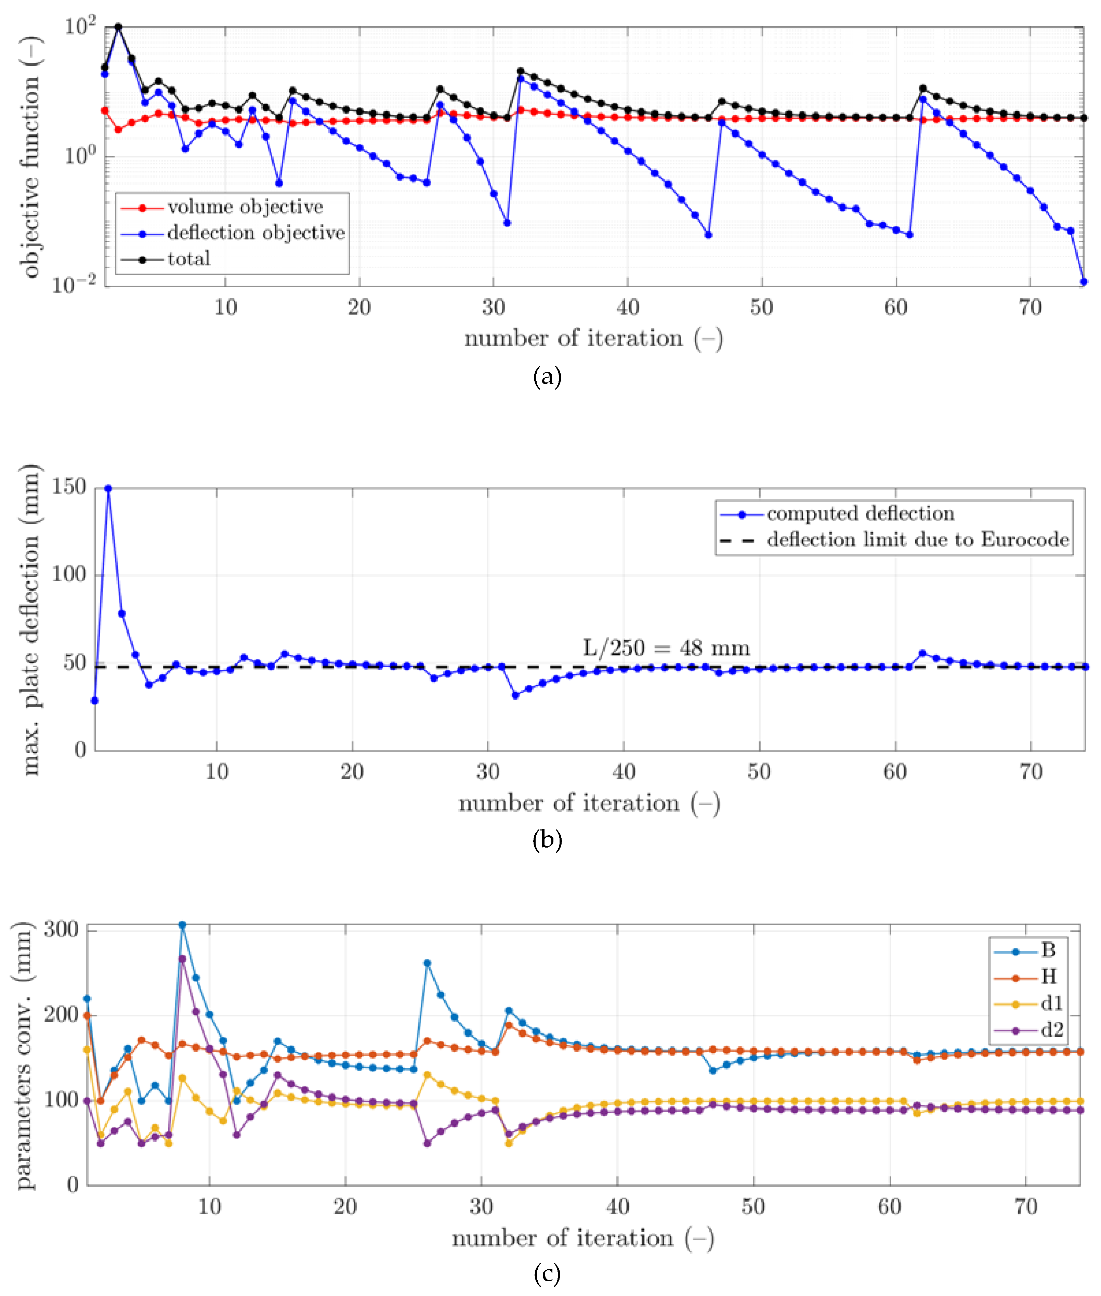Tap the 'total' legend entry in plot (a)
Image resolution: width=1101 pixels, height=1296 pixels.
188,259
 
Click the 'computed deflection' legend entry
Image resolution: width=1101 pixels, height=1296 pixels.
860,513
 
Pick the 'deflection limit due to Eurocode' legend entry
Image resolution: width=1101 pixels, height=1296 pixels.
917,539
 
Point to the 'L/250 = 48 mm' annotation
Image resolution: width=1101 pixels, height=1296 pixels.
666,647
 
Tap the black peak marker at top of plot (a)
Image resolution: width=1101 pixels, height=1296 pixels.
118,27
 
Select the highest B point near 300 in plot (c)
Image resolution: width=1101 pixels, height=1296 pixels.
182,925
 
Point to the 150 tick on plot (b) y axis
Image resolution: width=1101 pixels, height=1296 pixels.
69,487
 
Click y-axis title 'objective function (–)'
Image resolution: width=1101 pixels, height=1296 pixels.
31,156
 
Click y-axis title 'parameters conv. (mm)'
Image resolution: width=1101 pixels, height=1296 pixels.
24,1055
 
